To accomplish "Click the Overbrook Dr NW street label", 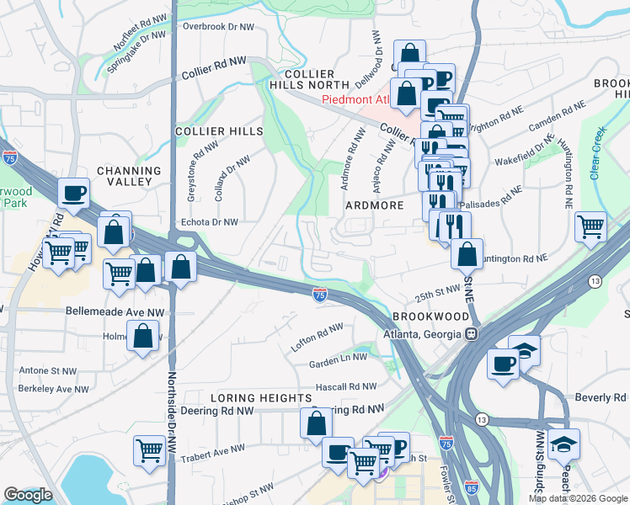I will tap(218, 27).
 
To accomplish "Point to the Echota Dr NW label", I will tap(211, 222).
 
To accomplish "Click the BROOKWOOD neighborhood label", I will tap(430, 316).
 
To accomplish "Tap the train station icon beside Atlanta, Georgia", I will tap(472, 333).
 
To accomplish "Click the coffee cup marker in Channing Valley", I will tap(74, 193).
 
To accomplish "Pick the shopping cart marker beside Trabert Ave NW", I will tap(149, 450).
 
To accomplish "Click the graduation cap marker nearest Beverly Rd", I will tap(563, 444).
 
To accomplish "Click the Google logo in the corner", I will tap(28, 495).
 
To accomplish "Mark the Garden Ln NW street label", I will tap(338, 357).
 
